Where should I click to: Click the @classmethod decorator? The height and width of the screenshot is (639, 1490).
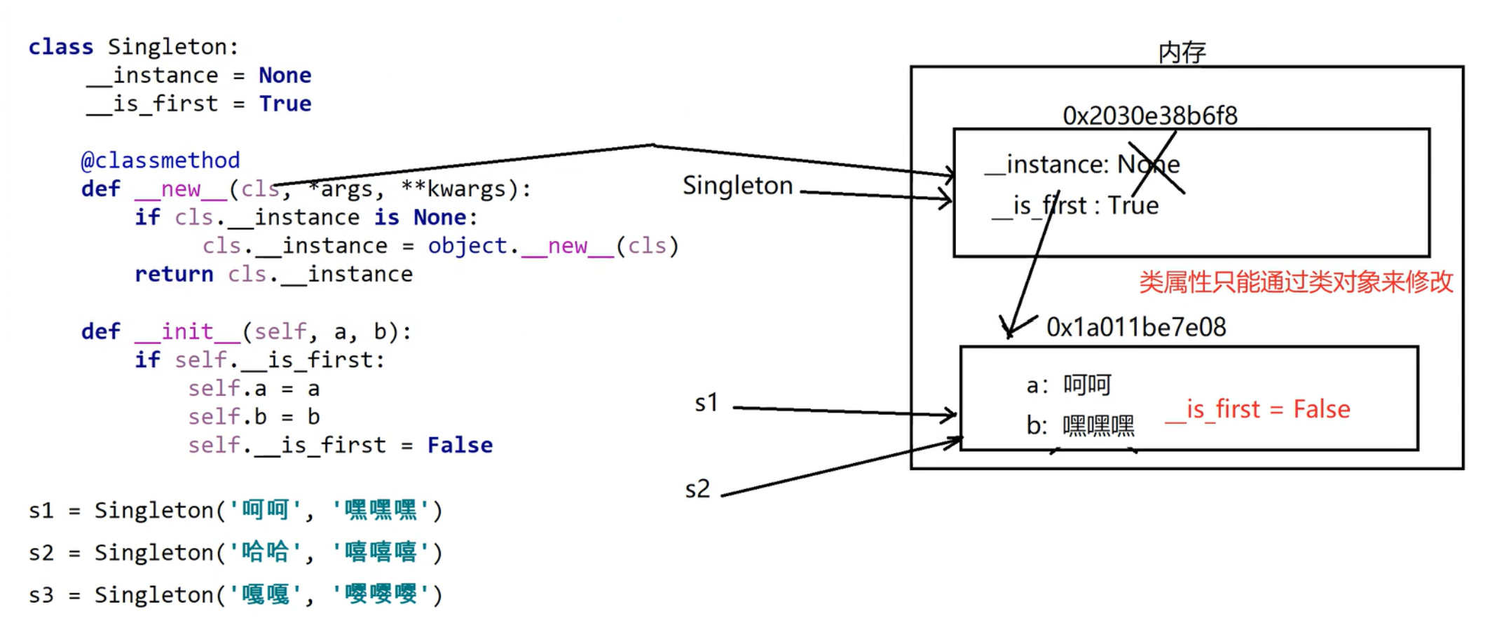click(x=160, y=160)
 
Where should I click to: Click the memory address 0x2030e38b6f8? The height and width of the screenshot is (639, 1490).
click(x=1149, y=116)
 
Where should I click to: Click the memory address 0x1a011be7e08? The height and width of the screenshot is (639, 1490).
click(x=1135, y=327)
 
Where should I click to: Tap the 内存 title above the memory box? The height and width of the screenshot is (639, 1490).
click(x=1182, y=53)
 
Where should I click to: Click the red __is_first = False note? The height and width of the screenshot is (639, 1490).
click(x=1257, y=409)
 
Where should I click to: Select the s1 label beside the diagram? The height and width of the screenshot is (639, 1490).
click(x=706, y=403)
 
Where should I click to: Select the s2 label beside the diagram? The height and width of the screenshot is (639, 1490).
click(x=697, y=489)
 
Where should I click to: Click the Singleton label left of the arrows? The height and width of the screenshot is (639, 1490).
click(x=737, y=186)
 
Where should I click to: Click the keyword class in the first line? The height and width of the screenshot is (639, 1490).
click(x=60, y=47)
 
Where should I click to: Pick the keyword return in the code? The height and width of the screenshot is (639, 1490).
click(x=174, y=274)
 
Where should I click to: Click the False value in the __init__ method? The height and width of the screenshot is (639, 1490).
click(x=460, y=445)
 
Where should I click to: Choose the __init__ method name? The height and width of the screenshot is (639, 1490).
click(x=187, y=331)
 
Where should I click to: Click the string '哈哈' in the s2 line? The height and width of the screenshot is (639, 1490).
click(x=265, y=552)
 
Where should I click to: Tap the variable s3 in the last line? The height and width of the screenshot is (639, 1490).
click(x=41, y=595)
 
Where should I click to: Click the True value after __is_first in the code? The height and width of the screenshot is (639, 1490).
click(x=285, y=104)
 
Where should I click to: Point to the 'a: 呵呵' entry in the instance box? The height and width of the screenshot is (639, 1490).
click(x=1068, y=385)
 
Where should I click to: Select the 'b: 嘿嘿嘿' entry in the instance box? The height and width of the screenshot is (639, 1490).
click(x=1079, y=425)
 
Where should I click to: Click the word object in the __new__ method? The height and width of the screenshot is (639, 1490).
click(x=467, y=246)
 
